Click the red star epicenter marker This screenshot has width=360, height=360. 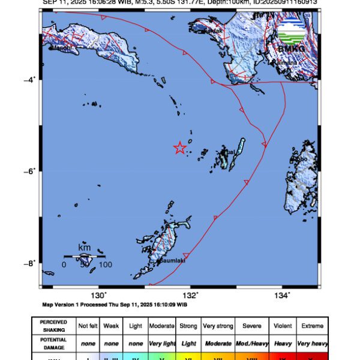pyautogui.click(x=180, y=148)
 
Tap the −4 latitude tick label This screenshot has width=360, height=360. pyautogui.click(x=32, y=79)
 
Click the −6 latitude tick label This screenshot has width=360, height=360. pyautogui.click(x=32, y=171)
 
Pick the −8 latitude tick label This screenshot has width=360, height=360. pyautogui.click(x=32, y=263)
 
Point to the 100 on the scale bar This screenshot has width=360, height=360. pyautogui.click(x=105, y=265)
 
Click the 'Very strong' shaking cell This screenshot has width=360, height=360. pyautogui.click(x=218, y=326)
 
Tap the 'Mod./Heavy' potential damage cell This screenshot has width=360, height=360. pyautogui.click(x=252, y=343)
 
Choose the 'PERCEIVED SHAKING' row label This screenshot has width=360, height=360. pyautogui.click(x=53, y=326)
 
